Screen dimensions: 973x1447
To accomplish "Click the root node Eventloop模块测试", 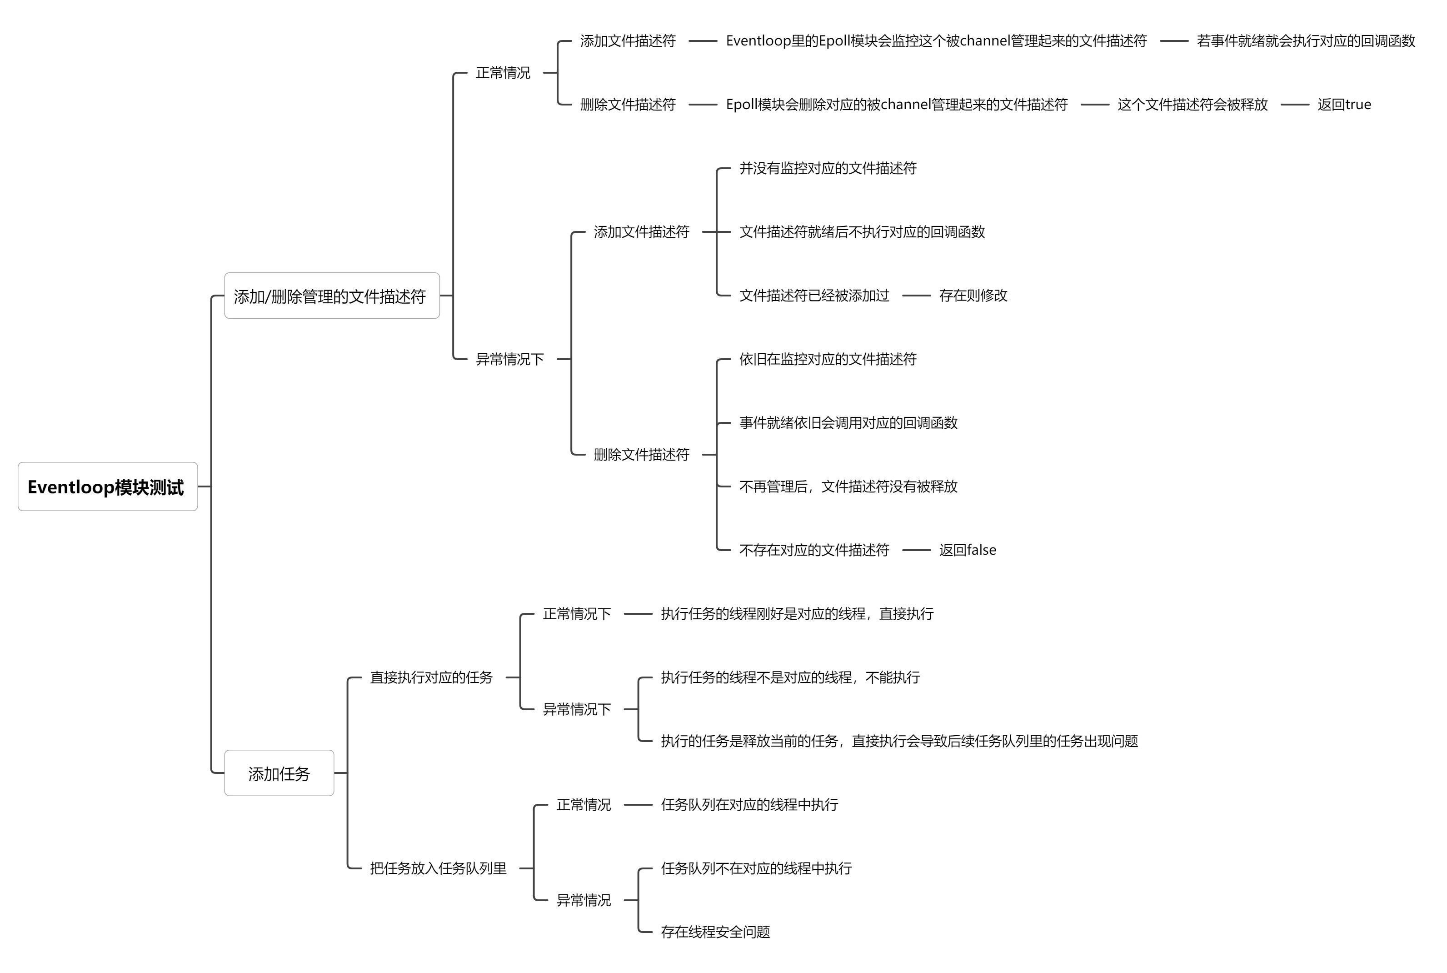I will click(107, 487).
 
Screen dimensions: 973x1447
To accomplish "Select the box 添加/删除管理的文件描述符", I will click(331, 296).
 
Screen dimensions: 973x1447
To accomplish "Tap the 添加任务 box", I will click(279, 773).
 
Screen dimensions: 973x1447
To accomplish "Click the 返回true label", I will click(1343, 104).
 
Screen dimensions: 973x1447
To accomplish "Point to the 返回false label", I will click(967, 550).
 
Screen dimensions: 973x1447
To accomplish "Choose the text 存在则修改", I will click(973, 296).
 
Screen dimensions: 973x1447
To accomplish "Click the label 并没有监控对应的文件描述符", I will click(828, 168).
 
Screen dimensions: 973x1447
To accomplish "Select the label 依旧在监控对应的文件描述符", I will click(828, 359).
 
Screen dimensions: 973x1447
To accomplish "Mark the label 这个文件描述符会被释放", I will click(1192, 104).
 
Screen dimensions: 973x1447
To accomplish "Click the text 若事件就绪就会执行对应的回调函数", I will click(1306, 41).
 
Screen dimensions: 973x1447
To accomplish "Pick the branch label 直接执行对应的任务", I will click(431, 677).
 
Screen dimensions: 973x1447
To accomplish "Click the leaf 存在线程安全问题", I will click(715, 932).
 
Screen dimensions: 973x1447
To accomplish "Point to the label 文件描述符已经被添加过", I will click(814, 296).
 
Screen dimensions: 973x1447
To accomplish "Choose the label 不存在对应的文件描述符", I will click(814, 550).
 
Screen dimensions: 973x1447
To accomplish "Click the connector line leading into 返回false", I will click(916, 550).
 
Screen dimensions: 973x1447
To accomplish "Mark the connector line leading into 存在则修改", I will click(916, 296).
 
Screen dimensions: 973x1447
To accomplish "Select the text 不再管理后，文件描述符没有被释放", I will click(848, 486).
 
